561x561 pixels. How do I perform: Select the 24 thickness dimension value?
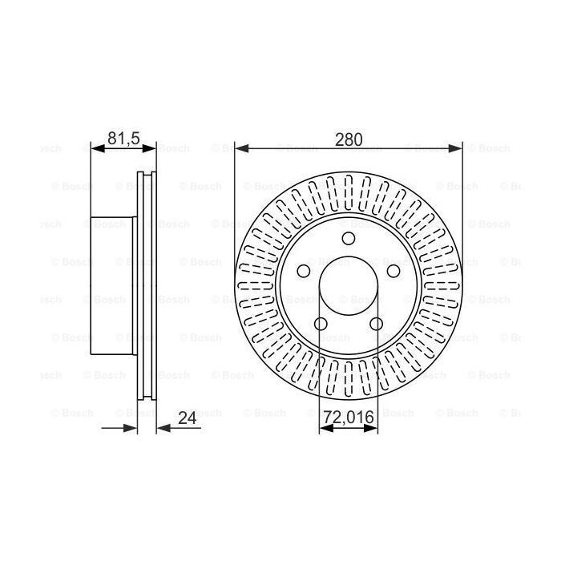188,418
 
